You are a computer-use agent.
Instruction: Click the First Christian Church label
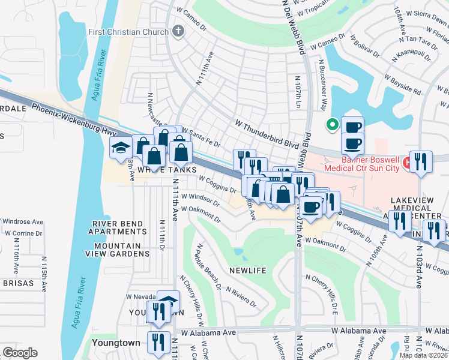[128, 31]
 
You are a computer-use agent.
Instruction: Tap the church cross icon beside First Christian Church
[178, 31]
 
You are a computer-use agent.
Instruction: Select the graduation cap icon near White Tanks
[121, 148]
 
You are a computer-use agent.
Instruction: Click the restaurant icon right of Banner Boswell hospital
[421, 161]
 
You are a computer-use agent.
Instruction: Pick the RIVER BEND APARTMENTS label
[118, 228]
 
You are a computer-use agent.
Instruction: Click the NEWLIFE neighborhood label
[247, 271]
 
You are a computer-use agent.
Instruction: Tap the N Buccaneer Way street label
[322, 85]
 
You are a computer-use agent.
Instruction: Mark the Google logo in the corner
[20, 353]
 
